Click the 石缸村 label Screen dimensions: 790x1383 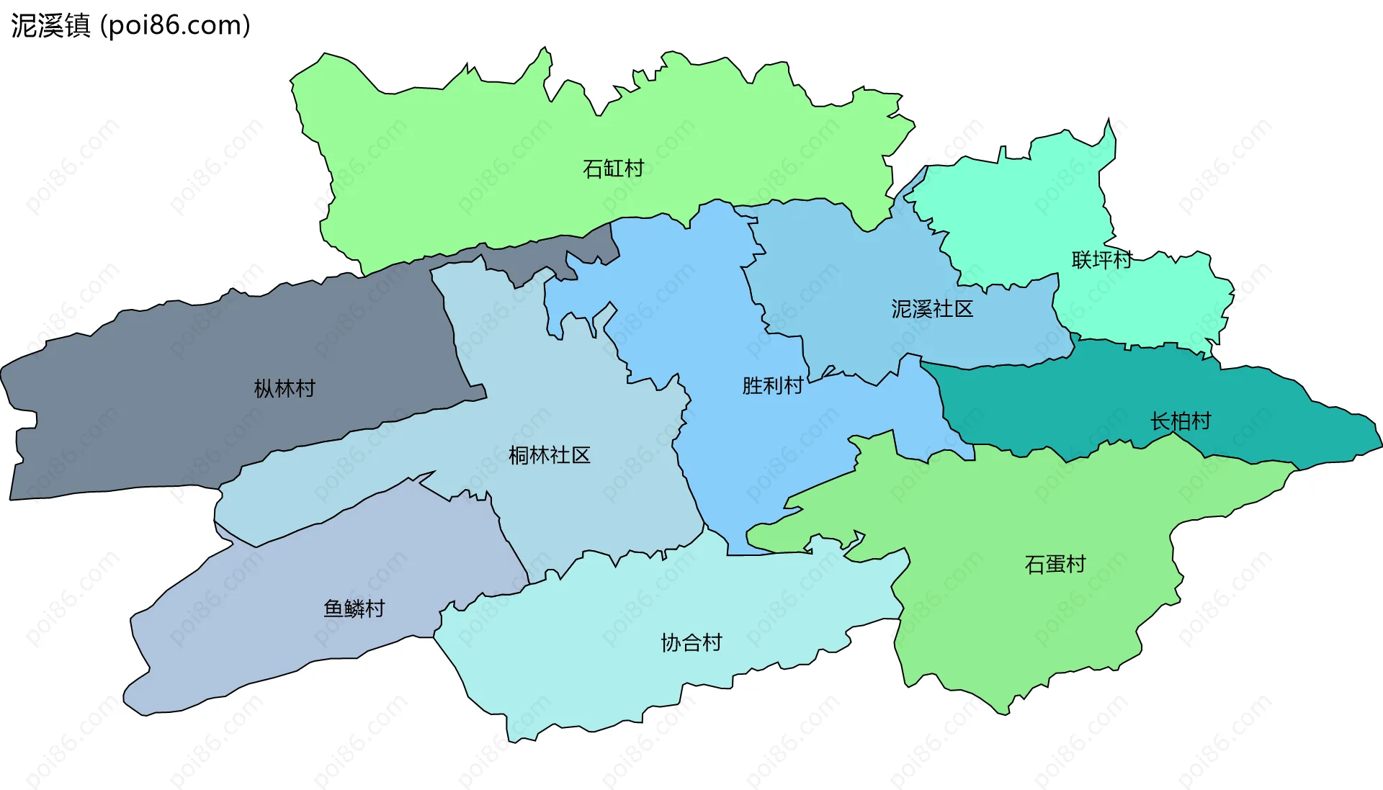point(613,169)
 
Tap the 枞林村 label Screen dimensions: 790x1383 point(285,389)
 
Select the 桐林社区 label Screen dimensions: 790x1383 point(549,455)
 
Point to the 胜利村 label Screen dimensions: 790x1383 point(772,386)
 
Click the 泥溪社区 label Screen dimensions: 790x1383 point(932,309)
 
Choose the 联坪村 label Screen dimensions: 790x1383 point(1101,260)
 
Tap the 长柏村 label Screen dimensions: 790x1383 point(1181,421)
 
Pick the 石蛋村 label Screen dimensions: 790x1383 point(1055,564)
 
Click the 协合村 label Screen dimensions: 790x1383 point(691,642)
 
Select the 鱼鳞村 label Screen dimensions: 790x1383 point(354,609)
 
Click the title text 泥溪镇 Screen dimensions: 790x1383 point(50,25)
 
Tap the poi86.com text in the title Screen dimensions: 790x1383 point(176,25)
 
